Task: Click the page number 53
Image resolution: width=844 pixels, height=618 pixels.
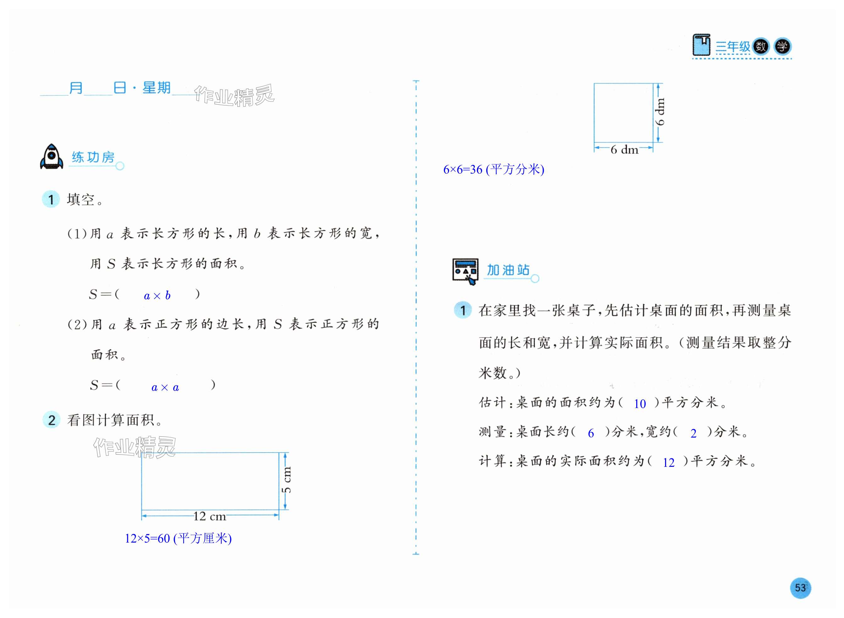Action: pos(800,588)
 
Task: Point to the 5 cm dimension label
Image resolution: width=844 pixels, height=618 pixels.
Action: pos(286,480)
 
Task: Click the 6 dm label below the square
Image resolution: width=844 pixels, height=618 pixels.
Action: pos(624,150)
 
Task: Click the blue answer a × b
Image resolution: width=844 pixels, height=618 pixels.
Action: pos(157,295)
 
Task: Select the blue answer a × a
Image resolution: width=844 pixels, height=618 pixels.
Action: pos(165,387)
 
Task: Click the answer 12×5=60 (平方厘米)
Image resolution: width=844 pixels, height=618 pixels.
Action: pos(178,538)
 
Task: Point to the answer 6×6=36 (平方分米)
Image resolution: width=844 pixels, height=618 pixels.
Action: pos(494,169)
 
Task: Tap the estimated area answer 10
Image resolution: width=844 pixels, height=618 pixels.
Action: pos(640,404)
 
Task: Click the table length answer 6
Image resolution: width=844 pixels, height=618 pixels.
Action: pos(591,433)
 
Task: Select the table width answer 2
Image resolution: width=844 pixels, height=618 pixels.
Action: pos(693,433)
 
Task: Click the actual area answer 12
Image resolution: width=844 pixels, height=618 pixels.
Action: pos(669,462)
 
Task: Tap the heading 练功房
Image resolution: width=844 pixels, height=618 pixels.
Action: pos(93,157)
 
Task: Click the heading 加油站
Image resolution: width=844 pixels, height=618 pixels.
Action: pos(508,270)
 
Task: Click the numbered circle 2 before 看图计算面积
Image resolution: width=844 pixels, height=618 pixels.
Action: pos(52,420)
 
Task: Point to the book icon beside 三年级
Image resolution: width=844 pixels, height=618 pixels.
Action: pos(701,45)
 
